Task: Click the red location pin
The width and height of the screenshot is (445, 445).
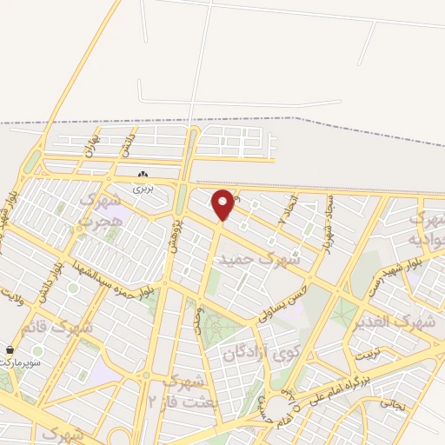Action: (223, 204)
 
